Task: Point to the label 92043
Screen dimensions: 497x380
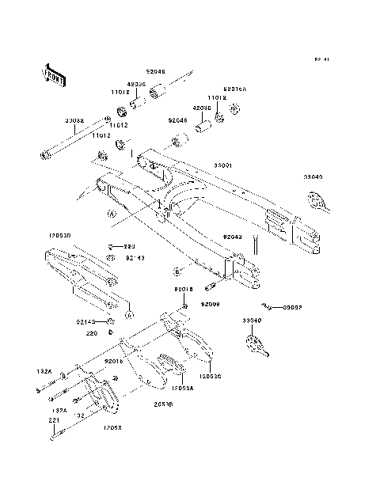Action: tap(232, 236)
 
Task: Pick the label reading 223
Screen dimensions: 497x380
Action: tap(130, 246)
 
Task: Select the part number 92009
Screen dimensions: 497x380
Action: tap(209, 303)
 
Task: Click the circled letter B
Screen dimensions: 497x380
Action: tap(178, 271)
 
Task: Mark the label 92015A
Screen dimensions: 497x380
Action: tap(235, 89)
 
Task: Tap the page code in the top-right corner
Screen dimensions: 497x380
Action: tap(321, 59)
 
